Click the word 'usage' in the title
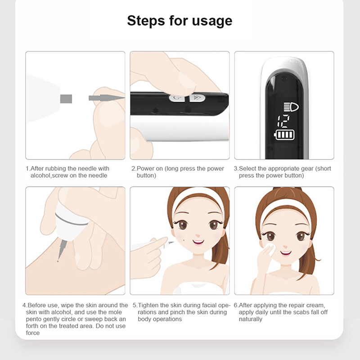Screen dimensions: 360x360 (212, 21)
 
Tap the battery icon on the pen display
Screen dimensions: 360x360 (284, 135)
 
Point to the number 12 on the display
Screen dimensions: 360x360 (284, 121)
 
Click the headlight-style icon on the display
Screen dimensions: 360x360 (291, 107)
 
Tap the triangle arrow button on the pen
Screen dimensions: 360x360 (197, 98)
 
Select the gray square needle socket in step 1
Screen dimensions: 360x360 (66, 99)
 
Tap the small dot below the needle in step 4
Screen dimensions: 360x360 (58, 261)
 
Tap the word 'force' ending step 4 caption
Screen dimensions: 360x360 (32, 333)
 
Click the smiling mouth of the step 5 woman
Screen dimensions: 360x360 (198, 242)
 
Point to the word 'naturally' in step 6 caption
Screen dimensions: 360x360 (251, 319)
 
